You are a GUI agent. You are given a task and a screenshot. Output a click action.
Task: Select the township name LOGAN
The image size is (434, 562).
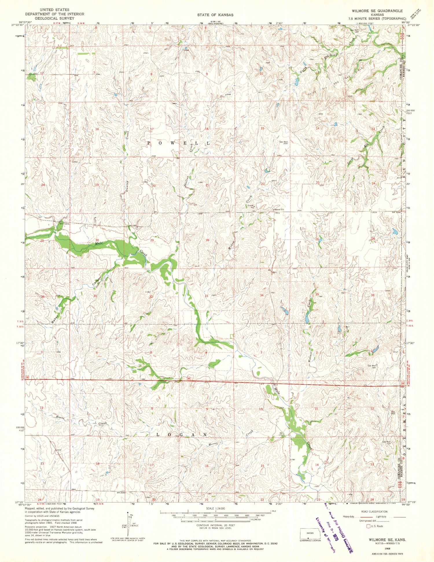[x=182, y=435]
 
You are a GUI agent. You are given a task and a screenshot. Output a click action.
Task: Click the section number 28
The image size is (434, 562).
[x=207, y=240]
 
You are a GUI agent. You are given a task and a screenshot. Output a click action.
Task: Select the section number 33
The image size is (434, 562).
[x=206, y=296]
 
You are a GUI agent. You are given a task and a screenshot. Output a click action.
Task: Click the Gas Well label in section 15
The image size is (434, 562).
[x=284, y=142]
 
